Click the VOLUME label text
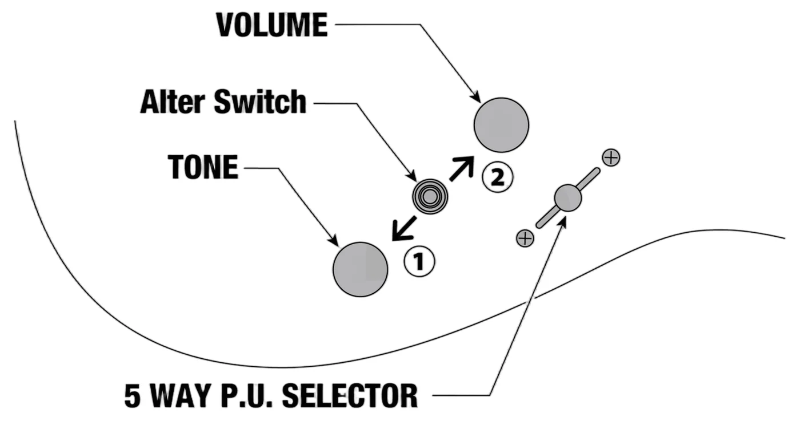(272, 25)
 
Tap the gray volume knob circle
(502, 125)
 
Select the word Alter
(174, 102)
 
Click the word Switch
(260, 102)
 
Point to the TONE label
(203, 167)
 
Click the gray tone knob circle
(361, 269)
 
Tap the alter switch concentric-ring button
(430, 196)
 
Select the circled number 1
(419, 261)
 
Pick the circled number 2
(498, 177)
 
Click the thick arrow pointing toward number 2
(462, 168)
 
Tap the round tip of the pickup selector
(568, 198)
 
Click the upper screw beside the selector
(611, 157)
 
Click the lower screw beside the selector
(525, 238)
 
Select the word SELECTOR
(350, 396)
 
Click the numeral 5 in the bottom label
(132, 396)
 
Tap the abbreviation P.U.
(247, 396)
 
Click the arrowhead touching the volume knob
(475, 96)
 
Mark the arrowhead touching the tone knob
(334, 240)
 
